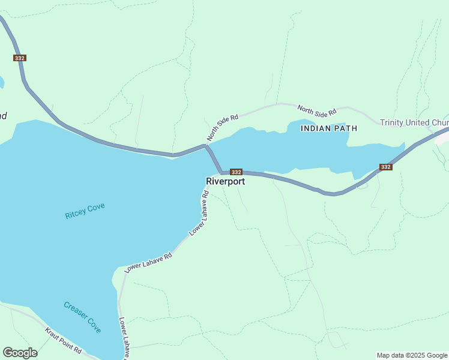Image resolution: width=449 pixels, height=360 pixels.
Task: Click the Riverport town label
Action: tap(225, 181)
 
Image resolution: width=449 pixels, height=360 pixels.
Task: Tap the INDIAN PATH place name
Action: tap(329, 128)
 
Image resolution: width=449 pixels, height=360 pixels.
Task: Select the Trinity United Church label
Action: tap(414, 122)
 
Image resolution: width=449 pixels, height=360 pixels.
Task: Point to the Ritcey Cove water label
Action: tap(85, 211)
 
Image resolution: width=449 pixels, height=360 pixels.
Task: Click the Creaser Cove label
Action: tap(82, 317)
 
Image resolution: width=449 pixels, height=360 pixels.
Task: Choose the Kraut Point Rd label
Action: tap(62, 340)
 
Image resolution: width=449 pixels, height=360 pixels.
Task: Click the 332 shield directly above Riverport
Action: tap(236, 172)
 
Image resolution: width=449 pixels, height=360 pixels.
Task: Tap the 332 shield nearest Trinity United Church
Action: tap(385, 167)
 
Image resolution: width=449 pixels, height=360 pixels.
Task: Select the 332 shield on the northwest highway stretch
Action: tap(19, 58)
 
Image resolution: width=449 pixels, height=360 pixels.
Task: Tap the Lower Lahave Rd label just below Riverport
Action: tap(198, 213)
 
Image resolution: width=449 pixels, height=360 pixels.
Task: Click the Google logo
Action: tap(20, 353)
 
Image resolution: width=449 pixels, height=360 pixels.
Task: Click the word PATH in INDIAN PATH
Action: tap(346, 128)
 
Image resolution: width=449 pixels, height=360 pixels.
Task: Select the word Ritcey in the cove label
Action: tap(75, 214)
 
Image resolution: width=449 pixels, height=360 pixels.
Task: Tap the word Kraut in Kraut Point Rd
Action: tap(52, 333)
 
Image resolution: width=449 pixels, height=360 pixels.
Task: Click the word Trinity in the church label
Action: tap(392, 122)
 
